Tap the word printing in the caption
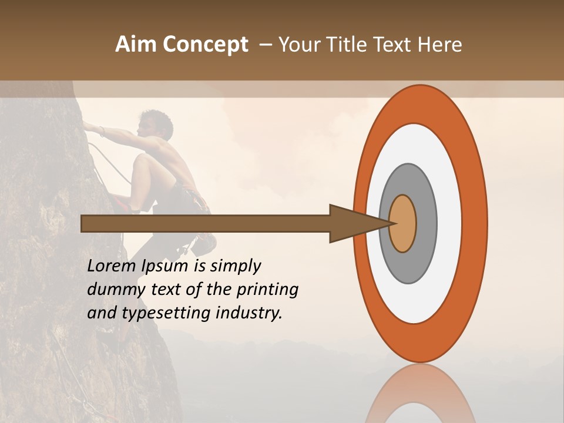[267, 290]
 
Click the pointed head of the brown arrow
[358, 223]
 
